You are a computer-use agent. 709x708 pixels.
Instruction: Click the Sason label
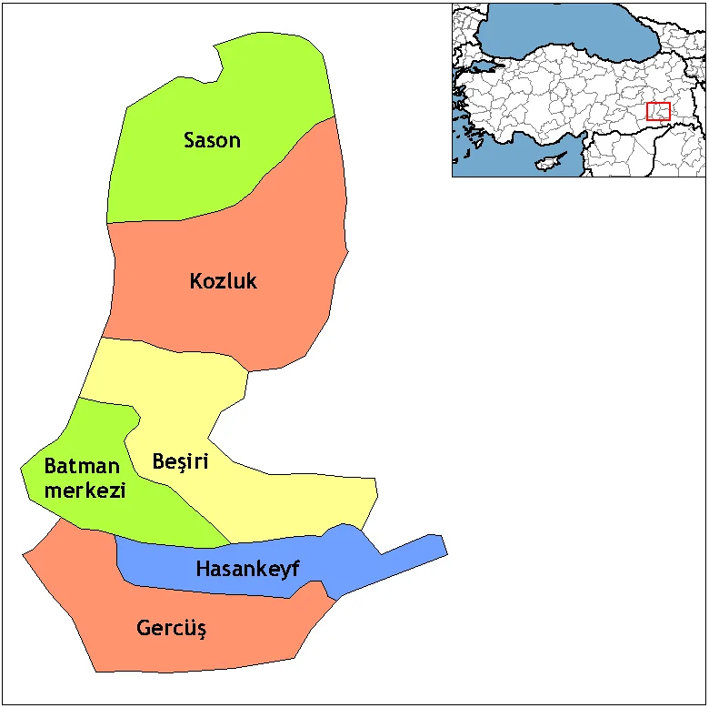click(x=212, y=140)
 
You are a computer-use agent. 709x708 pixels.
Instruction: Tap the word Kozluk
click(x=223, y=281)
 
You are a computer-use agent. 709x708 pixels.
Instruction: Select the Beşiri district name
click(x=180, y=462)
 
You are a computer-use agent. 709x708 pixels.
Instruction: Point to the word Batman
click(x=82, y=467)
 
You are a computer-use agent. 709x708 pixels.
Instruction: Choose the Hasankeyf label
click(x=247, y=570)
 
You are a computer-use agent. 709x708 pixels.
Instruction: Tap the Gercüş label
click(x=171, y=628)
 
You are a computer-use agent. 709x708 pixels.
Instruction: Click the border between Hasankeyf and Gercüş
click(x=227, y=594)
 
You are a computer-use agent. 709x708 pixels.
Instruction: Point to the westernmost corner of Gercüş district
click(x=25, y=552)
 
